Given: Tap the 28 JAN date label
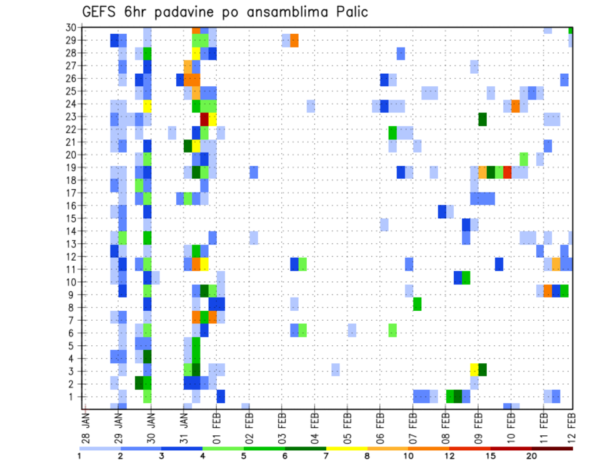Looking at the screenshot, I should point(86,427).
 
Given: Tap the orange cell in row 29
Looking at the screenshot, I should point(294,41).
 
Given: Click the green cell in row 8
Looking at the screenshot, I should point(417,304).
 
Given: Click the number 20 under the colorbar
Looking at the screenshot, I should point(532,456).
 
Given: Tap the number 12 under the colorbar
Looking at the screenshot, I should point(450,456).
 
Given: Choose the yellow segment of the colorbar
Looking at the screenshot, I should point(347,448).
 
